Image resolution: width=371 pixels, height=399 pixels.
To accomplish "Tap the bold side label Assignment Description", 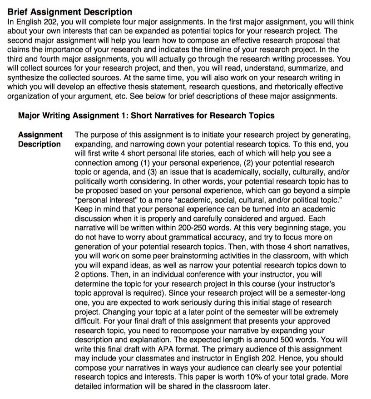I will coord(40,139).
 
